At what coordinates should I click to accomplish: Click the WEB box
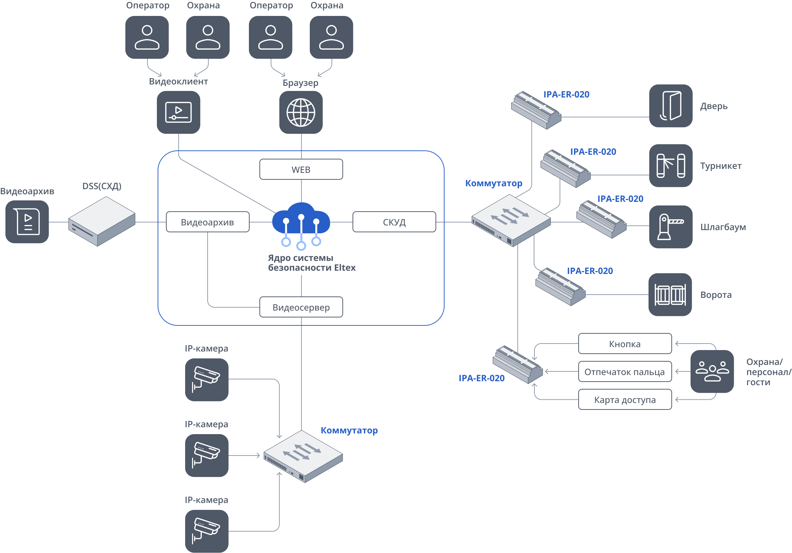coord(301,169)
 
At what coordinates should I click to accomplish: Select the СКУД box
coord(394,222)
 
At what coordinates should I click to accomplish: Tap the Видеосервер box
coord(301,307)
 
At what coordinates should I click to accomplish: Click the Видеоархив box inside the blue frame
coord(208,222)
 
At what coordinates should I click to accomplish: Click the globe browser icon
coord(301,112)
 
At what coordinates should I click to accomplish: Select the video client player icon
coord(178,112)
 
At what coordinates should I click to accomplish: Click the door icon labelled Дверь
coord(671,106)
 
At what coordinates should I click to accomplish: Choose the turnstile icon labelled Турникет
coord(671,166)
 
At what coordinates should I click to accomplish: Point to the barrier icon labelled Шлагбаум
coord(671,227)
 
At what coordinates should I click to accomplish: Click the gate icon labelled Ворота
coord(670,295)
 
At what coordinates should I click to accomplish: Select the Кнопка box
coord(625,344)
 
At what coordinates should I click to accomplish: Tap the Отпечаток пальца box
coord(625,371)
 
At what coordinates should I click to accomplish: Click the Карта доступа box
coord(625,399)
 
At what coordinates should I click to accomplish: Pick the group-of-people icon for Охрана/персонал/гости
coord(712,371)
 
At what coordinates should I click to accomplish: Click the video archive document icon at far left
coord(27,222)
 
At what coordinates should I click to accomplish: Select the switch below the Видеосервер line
coord(303,456)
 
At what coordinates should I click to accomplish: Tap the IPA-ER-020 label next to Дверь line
coord(566,95)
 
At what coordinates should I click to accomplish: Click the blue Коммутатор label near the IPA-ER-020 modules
coord(493,183)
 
